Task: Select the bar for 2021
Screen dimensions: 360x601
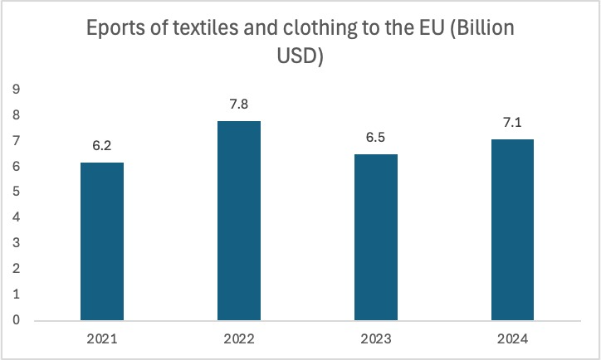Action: tap(102, 241)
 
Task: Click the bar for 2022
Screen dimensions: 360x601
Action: tap(239, 220)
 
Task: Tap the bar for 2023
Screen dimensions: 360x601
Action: tap(376, 236)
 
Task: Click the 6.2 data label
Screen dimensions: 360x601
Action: tap(102, 146)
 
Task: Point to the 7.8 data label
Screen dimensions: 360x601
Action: tap(239, 105)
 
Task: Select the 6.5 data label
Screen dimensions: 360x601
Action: tap(376, 138)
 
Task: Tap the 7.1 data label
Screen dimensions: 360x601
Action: tap(513, 123)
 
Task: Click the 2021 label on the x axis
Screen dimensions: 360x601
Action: tap(102, 339)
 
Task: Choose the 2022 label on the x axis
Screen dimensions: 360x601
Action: tap(239, 339)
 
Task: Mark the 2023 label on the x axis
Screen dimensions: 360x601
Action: tap(376, 339)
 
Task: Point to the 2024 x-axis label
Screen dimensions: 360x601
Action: tap(513, 339)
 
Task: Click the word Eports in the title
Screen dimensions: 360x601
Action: tap(115, 31)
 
